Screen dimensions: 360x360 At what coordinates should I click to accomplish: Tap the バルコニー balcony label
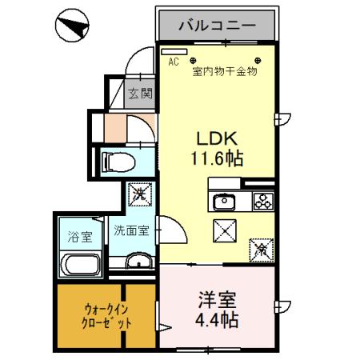217,25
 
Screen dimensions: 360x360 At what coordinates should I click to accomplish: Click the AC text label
173,58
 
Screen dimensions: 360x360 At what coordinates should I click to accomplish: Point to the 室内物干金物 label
224,71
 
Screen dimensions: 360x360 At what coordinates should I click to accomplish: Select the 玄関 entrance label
141,94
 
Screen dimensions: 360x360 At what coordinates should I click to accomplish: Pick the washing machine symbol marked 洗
138,193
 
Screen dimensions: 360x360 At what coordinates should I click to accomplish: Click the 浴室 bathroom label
78,238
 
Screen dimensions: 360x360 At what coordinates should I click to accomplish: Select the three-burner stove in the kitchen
262,201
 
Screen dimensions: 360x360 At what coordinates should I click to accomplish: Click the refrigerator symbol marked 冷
261,249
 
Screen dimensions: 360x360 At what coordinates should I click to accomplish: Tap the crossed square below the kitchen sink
224,230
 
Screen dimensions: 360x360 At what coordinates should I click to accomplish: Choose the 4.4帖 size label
217,323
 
